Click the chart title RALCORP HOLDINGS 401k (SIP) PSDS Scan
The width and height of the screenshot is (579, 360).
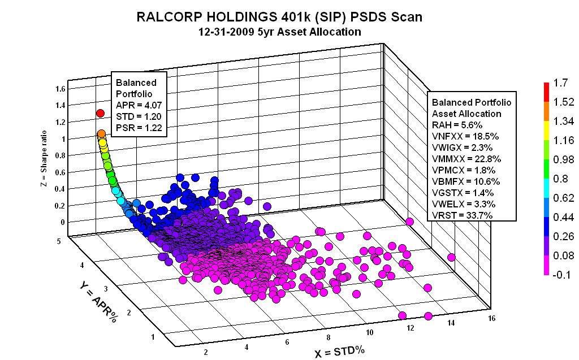[279, 18]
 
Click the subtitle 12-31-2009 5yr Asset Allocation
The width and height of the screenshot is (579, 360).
[279, 32]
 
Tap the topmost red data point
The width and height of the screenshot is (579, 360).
[101, 114]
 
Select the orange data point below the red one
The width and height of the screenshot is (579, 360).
[101, 134]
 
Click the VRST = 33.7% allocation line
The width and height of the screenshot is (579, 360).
[463, 215]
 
